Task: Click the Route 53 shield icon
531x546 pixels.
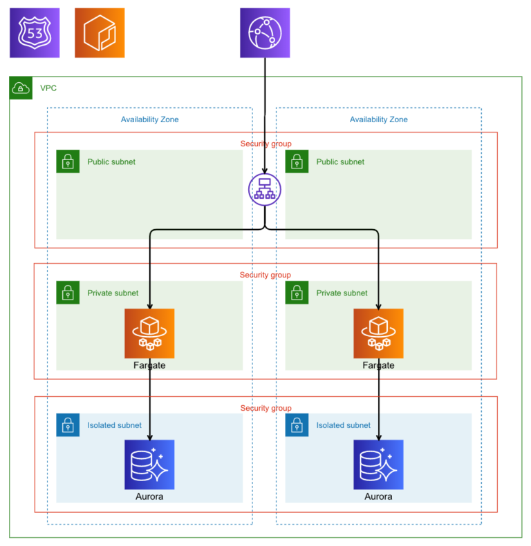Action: (x=35, y=32)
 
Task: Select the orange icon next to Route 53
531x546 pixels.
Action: (x=100, y=32)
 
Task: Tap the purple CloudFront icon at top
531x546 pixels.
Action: (x=265, y=32)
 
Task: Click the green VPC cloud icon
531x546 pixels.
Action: (x=21, y=88)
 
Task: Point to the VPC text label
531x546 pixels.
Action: (x=48, y=88)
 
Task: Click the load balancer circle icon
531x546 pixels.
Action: (x=265, y=188)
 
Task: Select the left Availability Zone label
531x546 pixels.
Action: (x=149, y=119)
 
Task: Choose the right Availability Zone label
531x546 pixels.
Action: (x=378, y=119)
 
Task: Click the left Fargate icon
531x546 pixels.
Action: (x=149, y=333)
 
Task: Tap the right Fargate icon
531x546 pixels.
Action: (x=378, y=333)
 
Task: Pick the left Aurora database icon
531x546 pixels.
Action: (x=149, y=465)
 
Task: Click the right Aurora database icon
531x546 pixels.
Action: (x=378, y=465)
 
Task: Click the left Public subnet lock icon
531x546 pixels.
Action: (x=68, y=162)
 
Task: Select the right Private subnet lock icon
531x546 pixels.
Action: (x=297, y=293)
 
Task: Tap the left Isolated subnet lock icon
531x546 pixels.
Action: (x=68, y=425)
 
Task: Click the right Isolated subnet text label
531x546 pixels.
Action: (x=343, y=425)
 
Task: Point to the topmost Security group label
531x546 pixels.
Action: (x=265, y=144)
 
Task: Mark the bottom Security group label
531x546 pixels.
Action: (x=265, y=408)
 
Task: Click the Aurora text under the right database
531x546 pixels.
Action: (x=378, y=496)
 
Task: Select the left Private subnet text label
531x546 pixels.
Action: (x=113, y=293)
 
